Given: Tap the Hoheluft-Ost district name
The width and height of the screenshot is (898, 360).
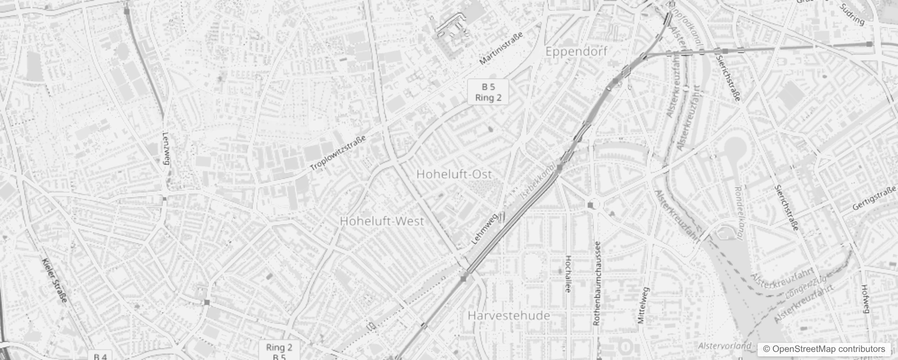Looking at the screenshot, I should [x=454, y=174].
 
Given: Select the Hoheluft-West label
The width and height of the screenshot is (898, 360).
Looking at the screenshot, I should [x=382, y=221].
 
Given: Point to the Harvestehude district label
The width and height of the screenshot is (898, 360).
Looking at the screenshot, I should [x=509, y=315].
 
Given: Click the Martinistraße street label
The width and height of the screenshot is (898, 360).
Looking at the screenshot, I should [x=501, y=49].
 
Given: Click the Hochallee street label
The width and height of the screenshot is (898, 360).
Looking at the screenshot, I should [x=567, y=274].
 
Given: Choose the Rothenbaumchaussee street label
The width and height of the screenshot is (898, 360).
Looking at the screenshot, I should [x=597, y=283].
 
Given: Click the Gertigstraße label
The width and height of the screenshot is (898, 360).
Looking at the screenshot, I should [x=874, y=200].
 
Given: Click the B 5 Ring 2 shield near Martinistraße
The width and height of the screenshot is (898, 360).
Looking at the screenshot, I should [x=488, y=92].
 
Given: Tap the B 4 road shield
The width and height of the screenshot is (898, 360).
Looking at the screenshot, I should [x=100, y=356].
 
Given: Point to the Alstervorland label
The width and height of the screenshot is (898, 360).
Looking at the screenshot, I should [x=725, y=346].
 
